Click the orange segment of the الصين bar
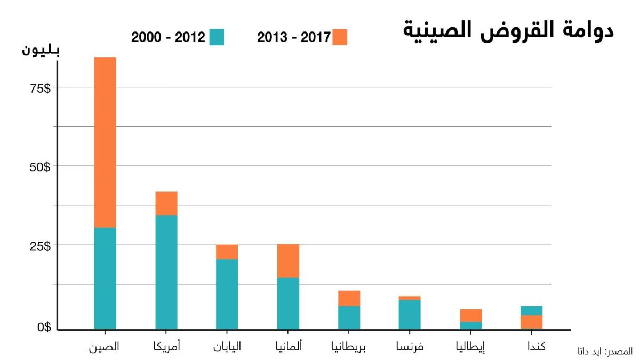(x=105, y=142)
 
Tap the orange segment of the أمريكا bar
(x=166, y=203)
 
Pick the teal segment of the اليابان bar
(x=227, y=294)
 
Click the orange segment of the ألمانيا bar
(x=288, y=261)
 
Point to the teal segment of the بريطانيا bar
(x=349, y=317)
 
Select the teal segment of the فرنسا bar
(x=410, y=314)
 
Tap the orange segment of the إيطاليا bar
(x=471, y=315)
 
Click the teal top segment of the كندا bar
(x=531, y=310)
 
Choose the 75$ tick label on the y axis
(x=39, y=89)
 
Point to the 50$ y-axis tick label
(x=39, y=167)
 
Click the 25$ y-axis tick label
(x=39, y=246)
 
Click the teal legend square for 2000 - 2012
(x=217, y=37)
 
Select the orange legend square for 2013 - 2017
(x=339, y=37)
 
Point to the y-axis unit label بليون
(x=41, y=51)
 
